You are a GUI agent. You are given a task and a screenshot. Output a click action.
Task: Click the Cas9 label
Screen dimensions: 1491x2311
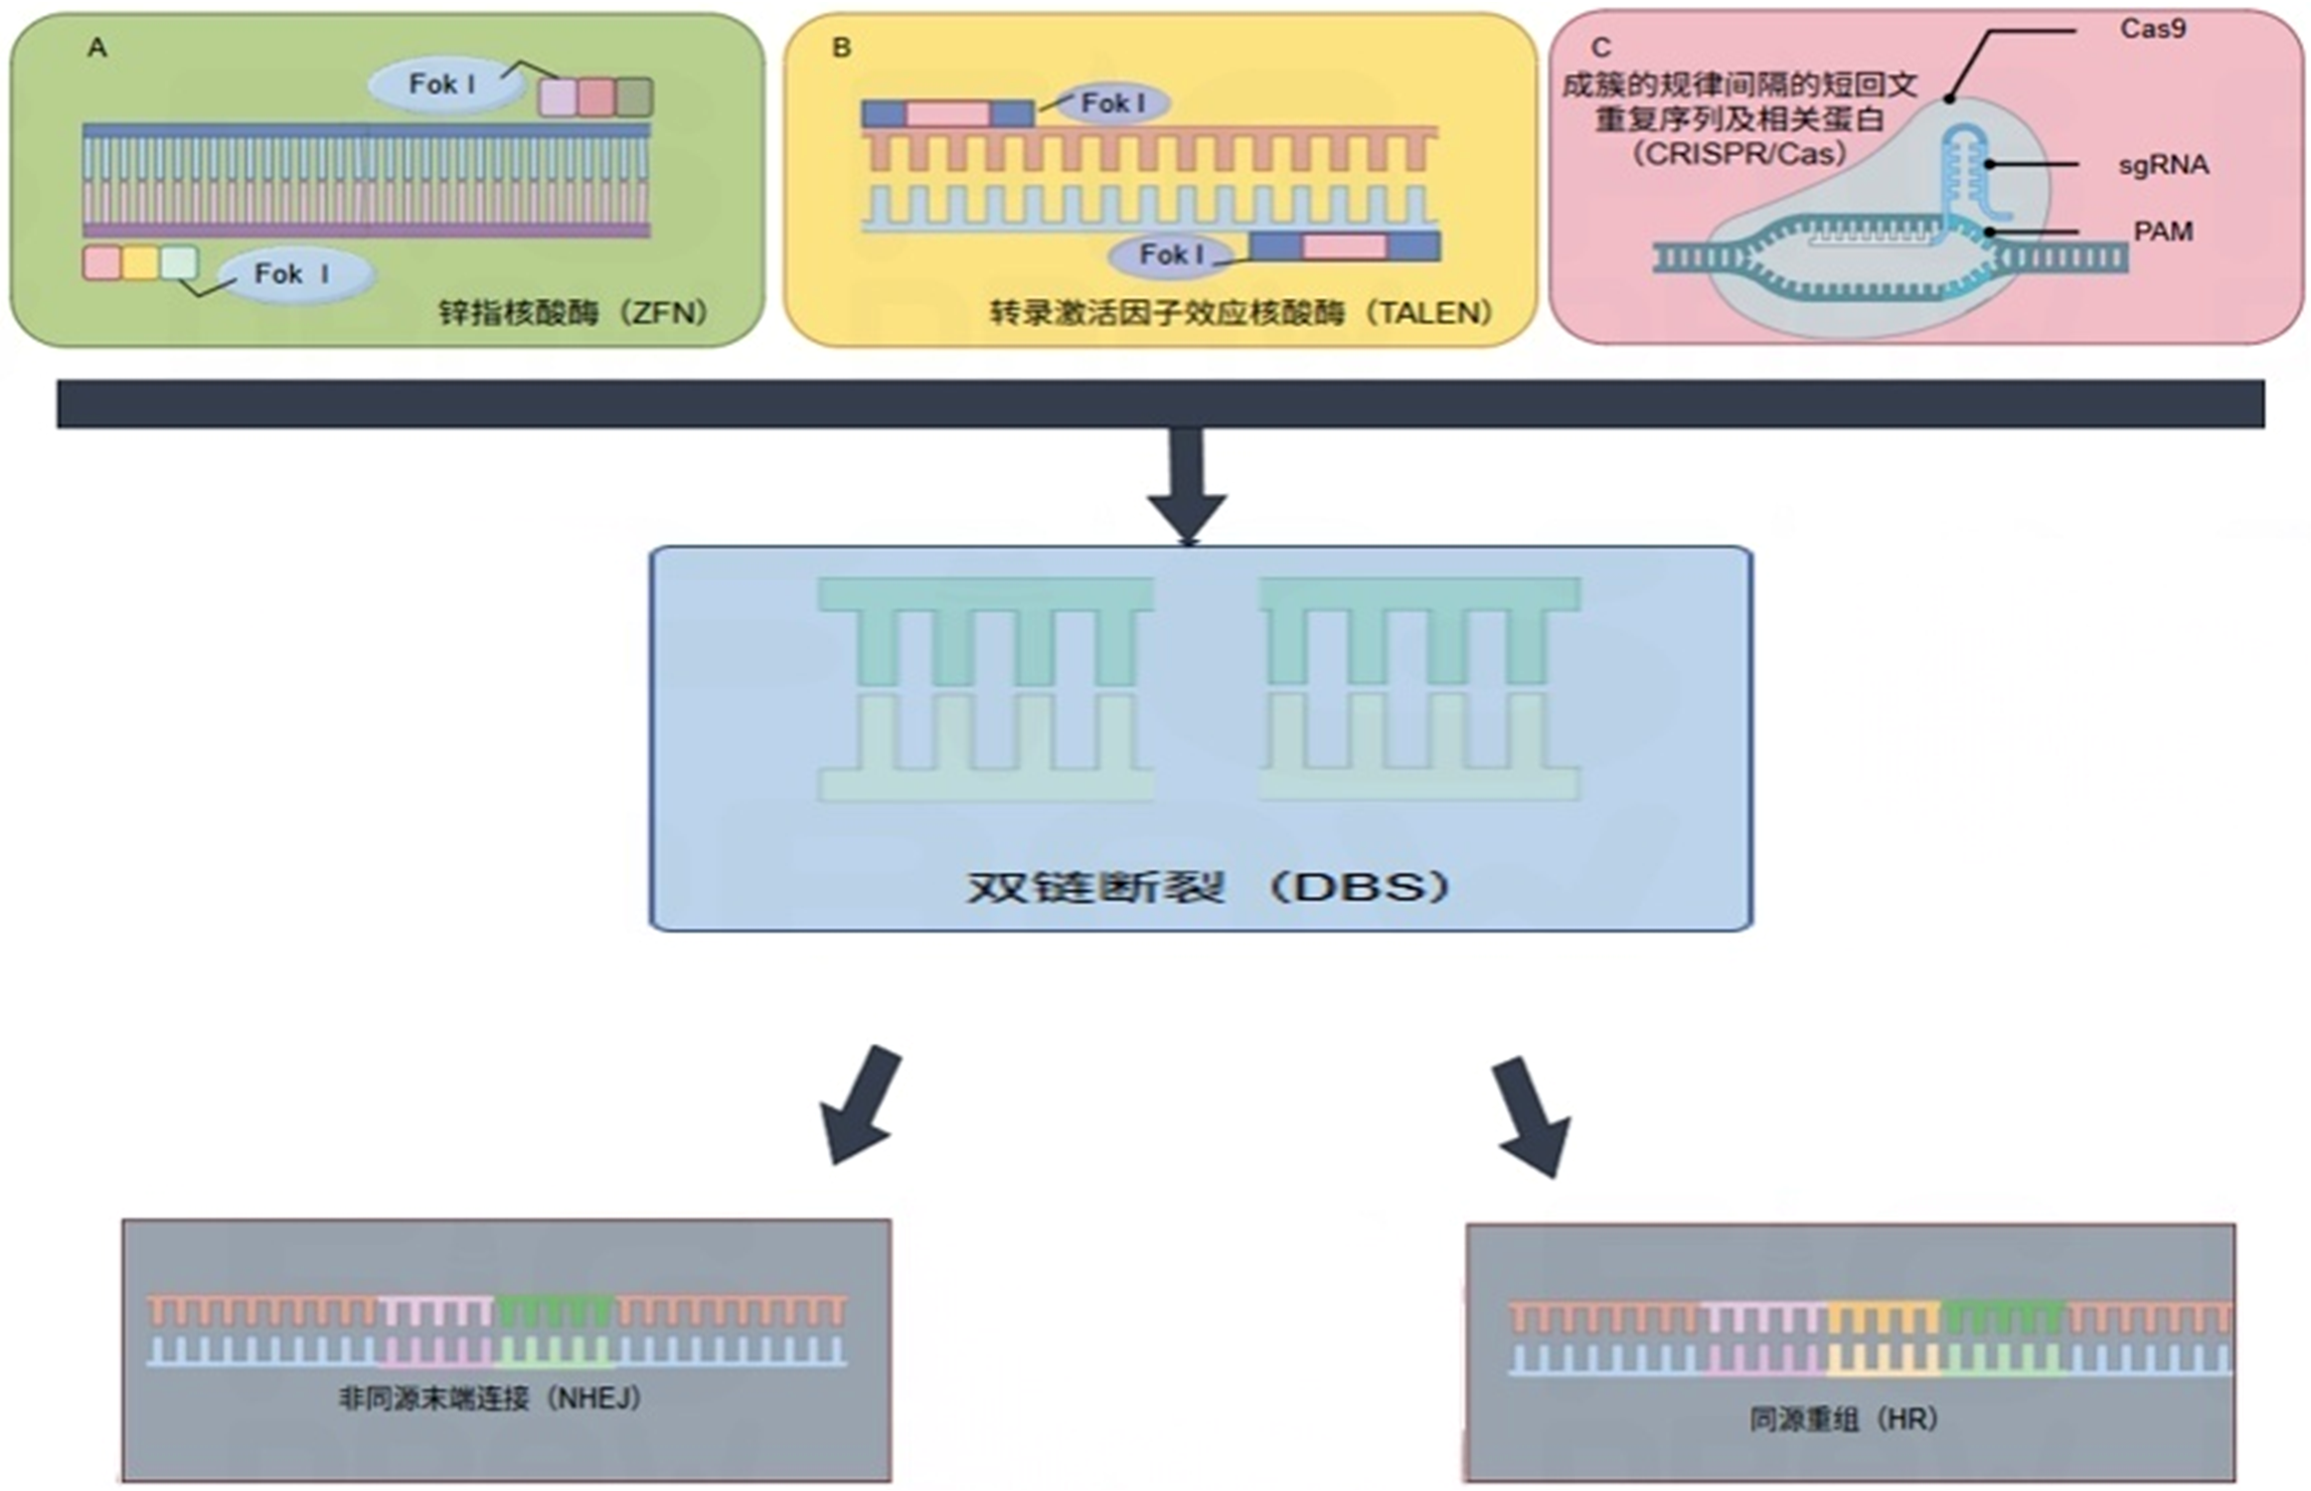[2152, 29]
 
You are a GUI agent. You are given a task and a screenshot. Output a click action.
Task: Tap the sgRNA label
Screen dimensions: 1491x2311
[2163, 165]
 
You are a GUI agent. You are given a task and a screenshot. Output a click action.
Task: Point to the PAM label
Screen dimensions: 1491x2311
[2163, 232]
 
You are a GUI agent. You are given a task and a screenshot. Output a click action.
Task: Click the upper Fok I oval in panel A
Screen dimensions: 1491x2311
[443, 84]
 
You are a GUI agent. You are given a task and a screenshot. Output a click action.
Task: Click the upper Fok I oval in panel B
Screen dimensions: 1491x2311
[1112, 103]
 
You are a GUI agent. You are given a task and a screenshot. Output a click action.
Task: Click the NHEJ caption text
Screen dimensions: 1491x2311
[596, 1399]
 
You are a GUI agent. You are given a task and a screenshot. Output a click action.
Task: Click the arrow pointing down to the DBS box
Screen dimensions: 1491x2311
[1188, 487]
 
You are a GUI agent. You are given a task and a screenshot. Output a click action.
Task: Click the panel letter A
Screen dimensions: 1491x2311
[97, 48]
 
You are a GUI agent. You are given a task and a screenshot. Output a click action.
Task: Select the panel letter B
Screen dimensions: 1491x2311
[842, 48]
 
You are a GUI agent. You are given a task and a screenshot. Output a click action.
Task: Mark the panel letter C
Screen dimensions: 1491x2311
[1600, 48]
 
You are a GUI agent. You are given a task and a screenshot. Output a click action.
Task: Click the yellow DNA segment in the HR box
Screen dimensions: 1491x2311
[1883, 1338]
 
